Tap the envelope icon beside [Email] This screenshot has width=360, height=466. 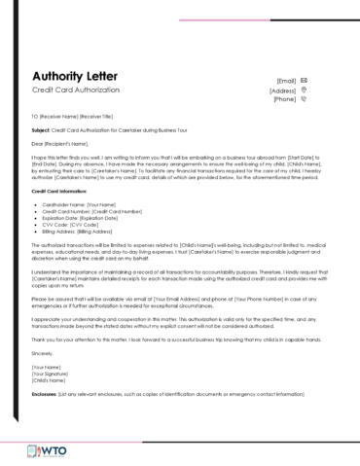click(304, 80)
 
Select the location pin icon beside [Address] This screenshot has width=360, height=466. click(304, 90)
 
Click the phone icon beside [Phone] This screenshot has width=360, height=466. click(304, 98)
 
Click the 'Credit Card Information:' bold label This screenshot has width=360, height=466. click(60, 191)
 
